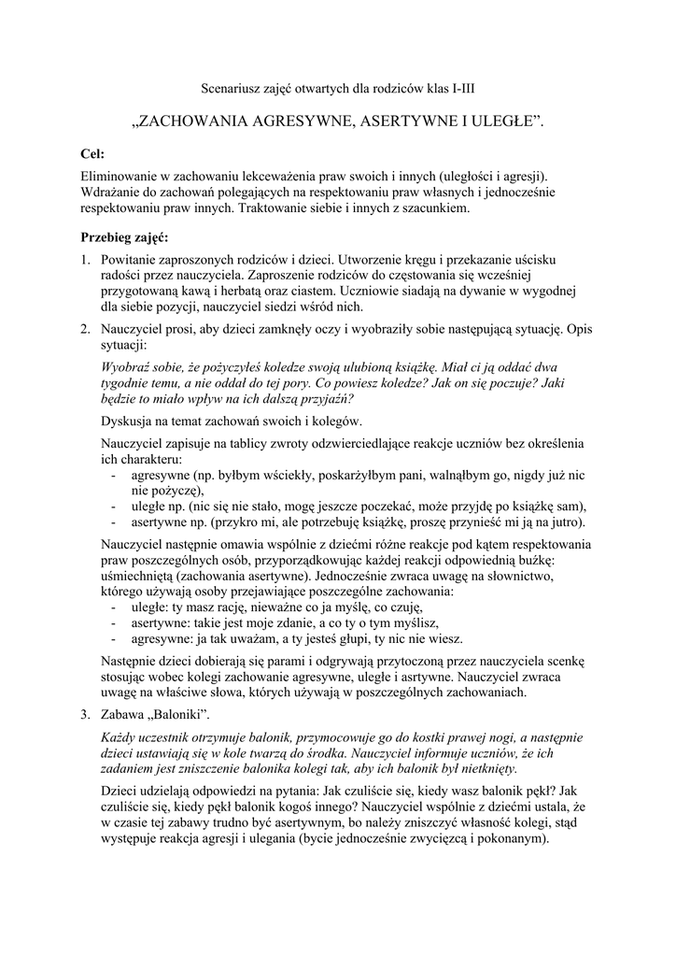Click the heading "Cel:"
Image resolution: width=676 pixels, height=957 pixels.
[93, 153]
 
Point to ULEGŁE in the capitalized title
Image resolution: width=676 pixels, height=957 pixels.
[495, 121]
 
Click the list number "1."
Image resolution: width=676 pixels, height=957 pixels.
[84, 259]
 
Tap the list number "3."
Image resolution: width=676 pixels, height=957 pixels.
[84, 715]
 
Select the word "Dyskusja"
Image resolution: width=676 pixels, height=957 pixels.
[129, 421]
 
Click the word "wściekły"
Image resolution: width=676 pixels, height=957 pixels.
[285, 476]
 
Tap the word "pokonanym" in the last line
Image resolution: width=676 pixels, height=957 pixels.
[511, 838]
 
